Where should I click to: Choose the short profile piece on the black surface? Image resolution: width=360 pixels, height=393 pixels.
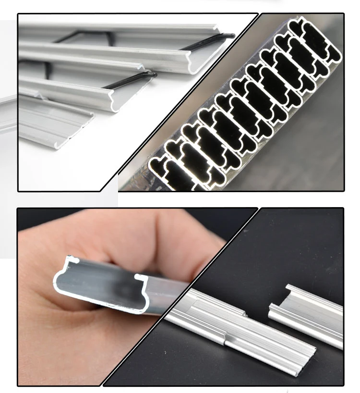pyautogui.click(x=307, y=312)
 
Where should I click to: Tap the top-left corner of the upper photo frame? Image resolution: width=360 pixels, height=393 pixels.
pyautogui.click(x=18, y=14)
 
